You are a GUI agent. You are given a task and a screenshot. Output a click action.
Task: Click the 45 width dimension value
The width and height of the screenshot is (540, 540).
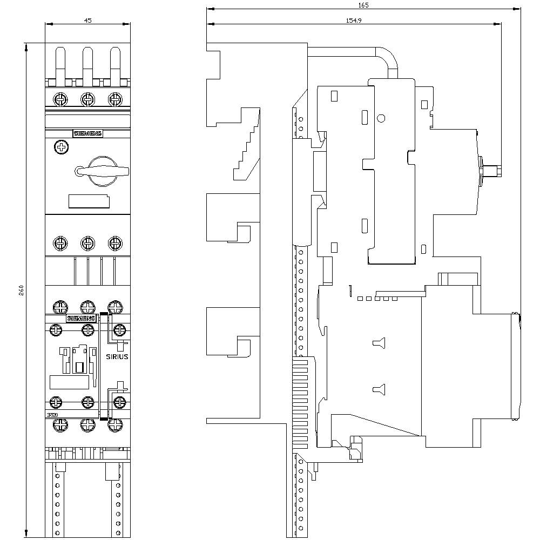click(88, 20)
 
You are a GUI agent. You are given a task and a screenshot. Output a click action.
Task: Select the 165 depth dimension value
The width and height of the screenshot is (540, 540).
click(363, 5)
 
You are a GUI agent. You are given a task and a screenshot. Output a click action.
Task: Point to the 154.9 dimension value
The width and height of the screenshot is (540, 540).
click(354, 19)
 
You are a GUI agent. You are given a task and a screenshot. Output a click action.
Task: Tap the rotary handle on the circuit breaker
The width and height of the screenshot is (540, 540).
click(103, 171)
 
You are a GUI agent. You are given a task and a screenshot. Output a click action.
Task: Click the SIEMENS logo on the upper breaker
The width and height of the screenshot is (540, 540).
click(87, 134)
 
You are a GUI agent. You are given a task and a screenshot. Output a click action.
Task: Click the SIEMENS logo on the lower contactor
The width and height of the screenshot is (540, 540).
click(81, 319)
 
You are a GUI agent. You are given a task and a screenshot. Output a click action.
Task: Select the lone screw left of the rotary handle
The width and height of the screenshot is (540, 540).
click(62, 147)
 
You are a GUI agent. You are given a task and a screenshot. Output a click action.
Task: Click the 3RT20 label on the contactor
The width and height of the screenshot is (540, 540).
click(52, 414)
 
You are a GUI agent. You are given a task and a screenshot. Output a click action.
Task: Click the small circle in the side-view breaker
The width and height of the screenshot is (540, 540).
click(381, 119)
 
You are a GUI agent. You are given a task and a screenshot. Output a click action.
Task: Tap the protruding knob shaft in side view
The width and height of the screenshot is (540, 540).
click(492, 171)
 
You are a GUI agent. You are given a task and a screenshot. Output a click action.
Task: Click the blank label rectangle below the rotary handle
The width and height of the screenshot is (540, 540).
click(89, 201)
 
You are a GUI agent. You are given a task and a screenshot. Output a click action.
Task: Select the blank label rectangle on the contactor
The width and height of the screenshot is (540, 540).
click(69, 382)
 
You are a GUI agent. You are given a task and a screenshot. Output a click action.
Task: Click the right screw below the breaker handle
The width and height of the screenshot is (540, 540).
click(114, 243)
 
